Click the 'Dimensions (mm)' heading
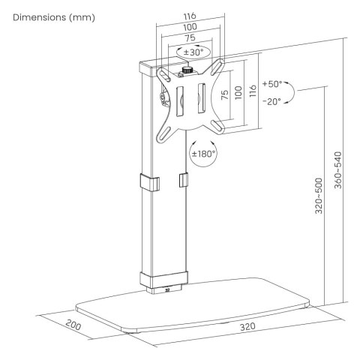(x=54, y=18)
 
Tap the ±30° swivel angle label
(x=193, y=52)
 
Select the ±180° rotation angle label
(x=203, y=154)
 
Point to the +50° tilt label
(x=272, y=84)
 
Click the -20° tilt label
(x=272, y=101)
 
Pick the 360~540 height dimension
(x=337, y=170)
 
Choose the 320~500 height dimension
(x=319, y=196)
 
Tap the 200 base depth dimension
(x=73, y=325)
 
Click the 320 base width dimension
(x=247, y=327)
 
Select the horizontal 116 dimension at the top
(x=190, y=16)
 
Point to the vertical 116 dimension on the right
(x=253, y=91)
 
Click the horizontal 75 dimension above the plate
(x=190, y=37)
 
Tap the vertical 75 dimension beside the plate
(x=225, y=94)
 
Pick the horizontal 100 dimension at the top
(x=190, y=27)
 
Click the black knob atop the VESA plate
(x=186, y=70)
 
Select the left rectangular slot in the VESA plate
(x=180, y=101)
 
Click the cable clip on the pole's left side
(x=150, y=182)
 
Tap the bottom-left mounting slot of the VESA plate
(x=164, y=134)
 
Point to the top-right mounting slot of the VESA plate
(x=217, y=67)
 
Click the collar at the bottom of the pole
(x=163, y=279)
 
